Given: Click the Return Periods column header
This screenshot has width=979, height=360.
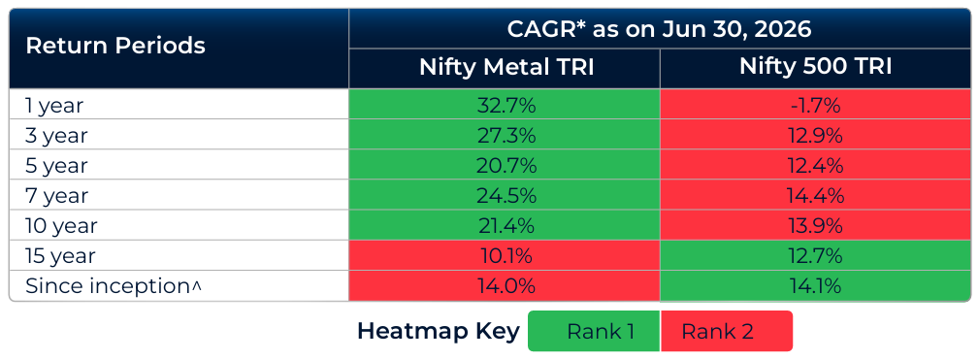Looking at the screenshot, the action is [115, 46].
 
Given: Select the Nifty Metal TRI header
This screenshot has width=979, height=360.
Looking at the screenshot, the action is [506, 67].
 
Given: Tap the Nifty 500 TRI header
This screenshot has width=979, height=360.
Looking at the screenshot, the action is [815, 66].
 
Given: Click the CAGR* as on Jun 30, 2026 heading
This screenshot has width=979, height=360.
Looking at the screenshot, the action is [660, 29].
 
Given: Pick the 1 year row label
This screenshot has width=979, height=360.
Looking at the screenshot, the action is [53, 106].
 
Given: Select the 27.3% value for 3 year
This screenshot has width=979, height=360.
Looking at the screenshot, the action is [505, 135].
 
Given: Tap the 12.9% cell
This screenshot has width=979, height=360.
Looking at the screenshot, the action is [815, 135].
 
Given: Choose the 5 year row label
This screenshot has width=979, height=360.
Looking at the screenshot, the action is [57, 166].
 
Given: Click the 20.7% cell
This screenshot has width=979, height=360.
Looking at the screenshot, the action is [505, 165].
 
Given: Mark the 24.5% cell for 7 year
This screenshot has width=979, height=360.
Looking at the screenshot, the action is [505, 195].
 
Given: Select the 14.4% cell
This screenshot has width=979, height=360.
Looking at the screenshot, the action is [815, 195].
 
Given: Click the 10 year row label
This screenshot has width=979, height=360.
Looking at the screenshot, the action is [61, 226].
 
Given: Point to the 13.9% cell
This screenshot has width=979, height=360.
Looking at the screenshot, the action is [815, 226].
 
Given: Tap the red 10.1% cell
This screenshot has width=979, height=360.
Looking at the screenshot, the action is [505, 256].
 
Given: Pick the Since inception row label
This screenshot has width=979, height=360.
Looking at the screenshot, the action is [114, 286].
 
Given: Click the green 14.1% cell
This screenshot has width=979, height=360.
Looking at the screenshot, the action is [815, 286].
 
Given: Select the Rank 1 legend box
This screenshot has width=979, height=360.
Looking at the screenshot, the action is [594, 331].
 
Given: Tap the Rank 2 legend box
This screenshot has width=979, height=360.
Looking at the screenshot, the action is [727, 331].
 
